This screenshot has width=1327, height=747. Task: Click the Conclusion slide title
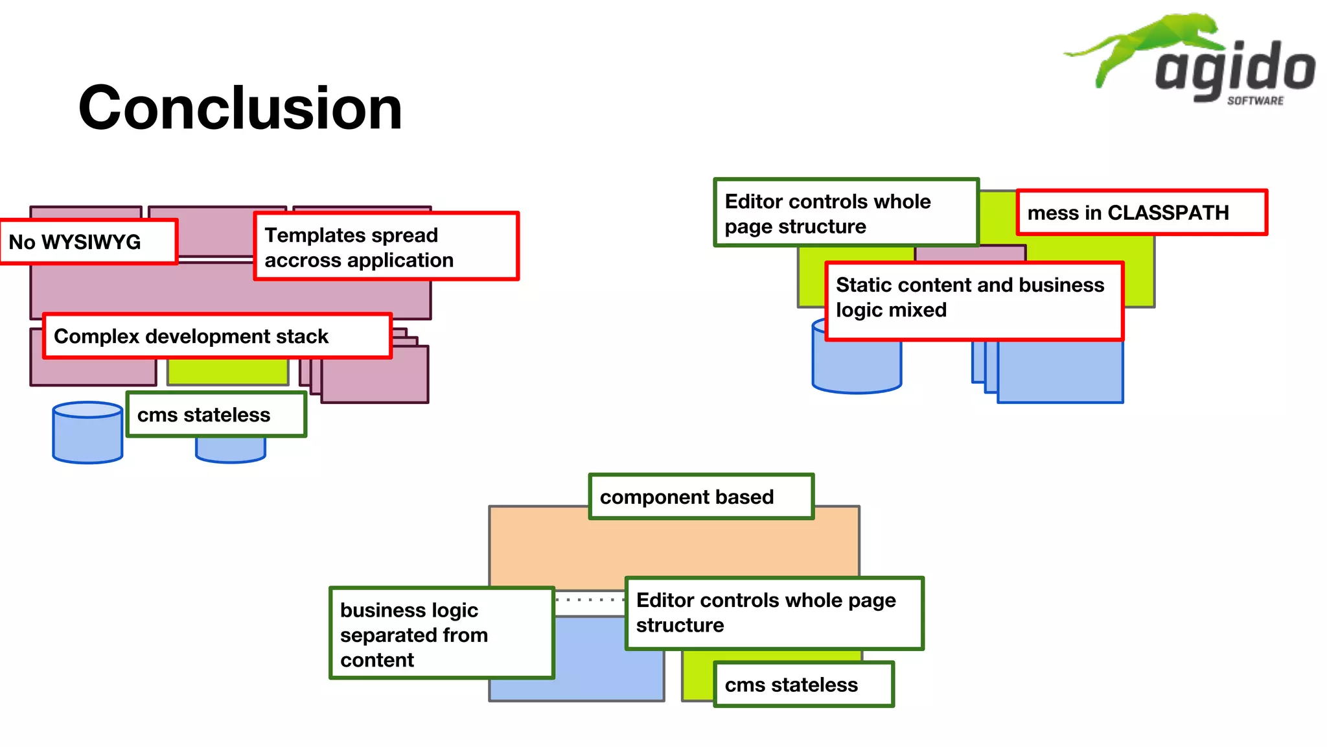pos(240,108)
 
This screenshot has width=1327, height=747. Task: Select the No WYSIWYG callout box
pos(89,242)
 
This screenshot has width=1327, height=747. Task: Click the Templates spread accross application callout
pos(386,247)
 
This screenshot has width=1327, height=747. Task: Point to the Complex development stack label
pos(217,336)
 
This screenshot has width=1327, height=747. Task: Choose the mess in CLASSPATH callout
pos(1141,213)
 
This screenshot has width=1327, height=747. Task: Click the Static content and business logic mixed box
pos(974,301)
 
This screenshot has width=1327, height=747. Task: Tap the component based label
pos(701,497)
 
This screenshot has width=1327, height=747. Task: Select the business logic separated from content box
pos(441,634)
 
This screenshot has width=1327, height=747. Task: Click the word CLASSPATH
pos(1168,213)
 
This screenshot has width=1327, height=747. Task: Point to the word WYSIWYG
pos(91,242)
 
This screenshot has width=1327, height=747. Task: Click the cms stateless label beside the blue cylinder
pos(216,414)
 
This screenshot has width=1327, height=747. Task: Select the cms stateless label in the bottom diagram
pos(803,684)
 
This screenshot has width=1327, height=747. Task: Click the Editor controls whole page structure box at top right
pos(846,213)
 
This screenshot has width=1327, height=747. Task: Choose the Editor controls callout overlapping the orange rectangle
pos(774,613)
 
